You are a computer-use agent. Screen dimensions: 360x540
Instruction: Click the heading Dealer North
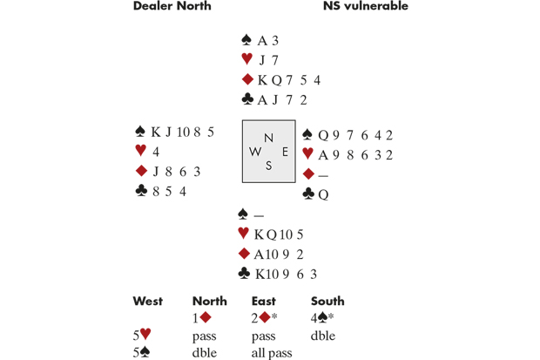pyautogui.click(x=172, y=7)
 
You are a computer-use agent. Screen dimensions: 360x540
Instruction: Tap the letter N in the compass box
pyautogui.click(x=269, y=138)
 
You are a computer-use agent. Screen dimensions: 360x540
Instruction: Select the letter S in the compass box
pyautogui.click(x=269, y=166)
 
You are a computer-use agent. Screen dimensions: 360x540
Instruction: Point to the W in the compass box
pyautogui.click(x=255, y=152)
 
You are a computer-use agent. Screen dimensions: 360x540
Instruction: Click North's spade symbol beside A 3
pyautogui.click(x=246, y=41)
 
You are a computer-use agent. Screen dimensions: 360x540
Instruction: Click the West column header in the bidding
pyautogui.click(x=148, y=302)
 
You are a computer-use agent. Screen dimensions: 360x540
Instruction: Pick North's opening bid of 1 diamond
pyautogui.click(x=199, y=318)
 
